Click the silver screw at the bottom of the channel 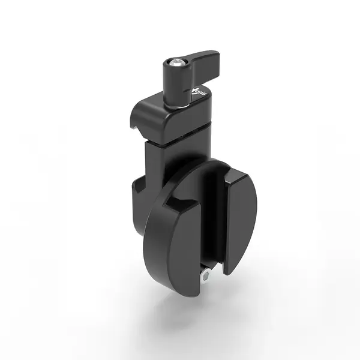coord(206,275)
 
